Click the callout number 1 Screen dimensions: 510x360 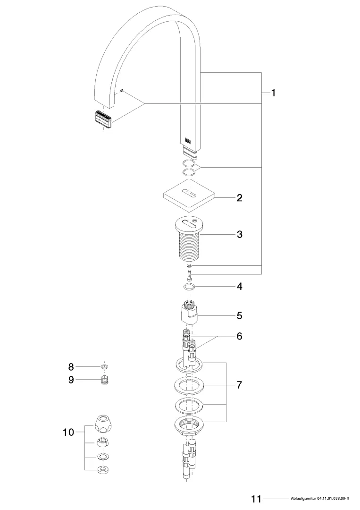(273, 93)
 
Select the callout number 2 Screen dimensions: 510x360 (239, 198)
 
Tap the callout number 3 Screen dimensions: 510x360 (239, 234)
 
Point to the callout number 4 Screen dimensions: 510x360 (239, 286)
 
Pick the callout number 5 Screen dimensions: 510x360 (239, 314)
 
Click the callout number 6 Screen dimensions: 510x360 (239, 336)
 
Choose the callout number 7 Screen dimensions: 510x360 (239, 385)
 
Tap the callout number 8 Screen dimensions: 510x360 (71, 366)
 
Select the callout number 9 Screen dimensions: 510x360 (71, 379)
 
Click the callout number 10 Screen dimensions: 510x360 (68, 432)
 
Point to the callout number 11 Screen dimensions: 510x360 (256, 499)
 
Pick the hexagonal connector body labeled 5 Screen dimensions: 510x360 (189, 314)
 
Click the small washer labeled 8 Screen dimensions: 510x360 (104, 366)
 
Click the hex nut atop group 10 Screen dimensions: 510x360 (103, 422)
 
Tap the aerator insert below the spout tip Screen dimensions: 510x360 (103, 119)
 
